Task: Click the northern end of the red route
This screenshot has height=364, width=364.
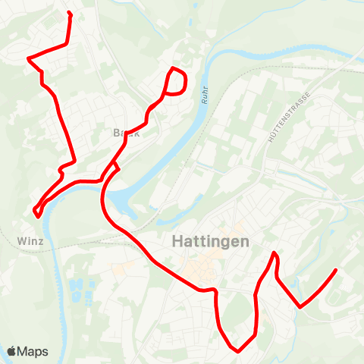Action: pos(69,13)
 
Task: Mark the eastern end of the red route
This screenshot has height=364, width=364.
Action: pos(335,270)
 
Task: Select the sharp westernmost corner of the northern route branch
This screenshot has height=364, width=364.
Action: pos(28,58)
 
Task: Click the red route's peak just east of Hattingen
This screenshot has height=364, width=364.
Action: pos(275,253)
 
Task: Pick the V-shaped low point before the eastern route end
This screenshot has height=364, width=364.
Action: pos(300,307)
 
